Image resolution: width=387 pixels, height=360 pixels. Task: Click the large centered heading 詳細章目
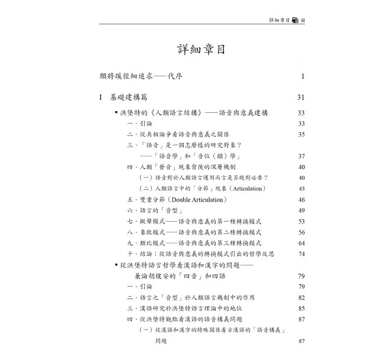[201, 48]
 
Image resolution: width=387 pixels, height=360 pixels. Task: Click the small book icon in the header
[295, 20]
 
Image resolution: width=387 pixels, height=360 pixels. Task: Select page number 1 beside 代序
[302, 76]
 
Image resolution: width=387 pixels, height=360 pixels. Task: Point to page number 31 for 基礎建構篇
[300, 98]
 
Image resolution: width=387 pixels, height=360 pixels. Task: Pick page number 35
[301, 135]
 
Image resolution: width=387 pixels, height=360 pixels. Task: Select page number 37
[301, 156]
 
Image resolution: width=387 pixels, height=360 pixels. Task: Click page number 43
[301, 189]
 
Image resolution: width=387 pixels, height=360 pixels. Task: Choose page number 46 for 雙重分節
[301, 199]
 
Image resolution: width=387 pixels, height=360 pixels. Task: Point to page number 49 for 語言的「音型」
[301, 210]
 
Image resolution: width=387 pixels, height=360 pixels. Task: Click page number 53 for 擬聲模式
[301, 221]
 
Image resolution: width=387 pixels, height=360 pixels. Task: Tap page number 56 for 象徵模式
[301, 232]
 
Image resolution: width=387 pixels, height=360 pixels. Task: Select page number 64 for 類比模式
[301, 242]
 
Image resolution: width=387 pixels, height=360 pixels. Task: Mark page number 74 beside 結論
[301, 254]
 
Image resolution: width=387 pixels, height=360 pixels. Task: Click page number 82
[301, 297]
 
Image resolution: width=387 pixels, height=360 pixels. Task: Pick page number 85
[301, 308]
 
